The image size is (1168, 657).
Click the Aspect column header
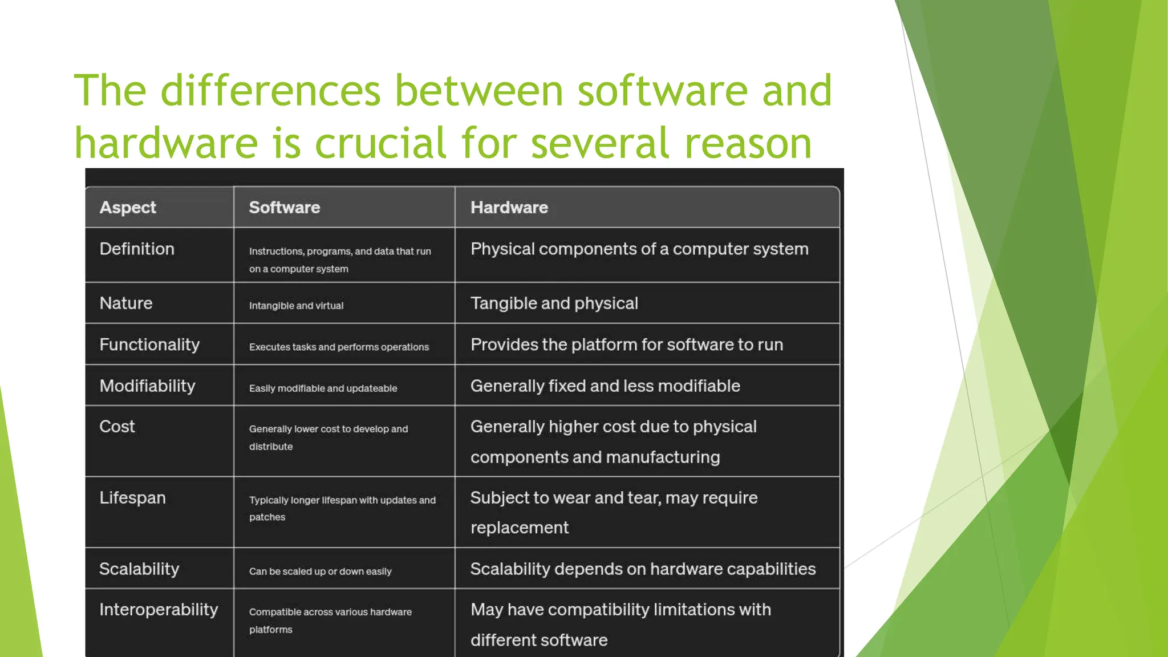(x=128, y=208)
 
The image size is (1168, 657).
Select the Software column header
(x=285, y=208)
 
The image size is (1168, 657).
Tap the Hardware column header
(x=509, y=208)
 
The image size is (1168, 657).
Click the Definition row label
(x=137, y=249)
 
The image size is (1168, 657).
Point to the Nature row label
(x=126, y=303)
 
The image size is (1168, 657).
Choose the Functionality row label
(x=149, y=345)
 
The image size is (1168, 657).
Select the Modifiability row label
(x=147, y=386)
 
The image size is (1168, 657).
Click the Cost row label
(x=117, y=427)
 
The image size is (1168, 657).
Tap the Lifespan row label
(x=132, y=498)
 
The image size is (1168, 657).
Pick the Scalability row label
(x=139, y=569)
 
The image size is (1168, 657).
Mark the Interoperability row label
(x=159, y=610)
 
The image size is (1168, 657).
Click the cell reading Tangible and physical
(x=554, y=303)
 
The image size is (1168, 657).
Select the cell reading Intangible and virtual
(x=296, y=306)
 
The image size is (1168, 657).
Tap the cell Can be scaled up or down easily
(x=320, y=571)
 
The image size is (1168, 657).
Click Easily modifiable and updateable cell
(x=323, y=388)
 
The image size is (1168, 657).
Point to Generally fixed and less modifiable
(x=605, y=386)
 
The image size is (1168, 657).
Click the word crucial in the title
(x=380, y=143)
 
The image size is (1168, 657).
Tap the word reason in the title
(x=748, y=143)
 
